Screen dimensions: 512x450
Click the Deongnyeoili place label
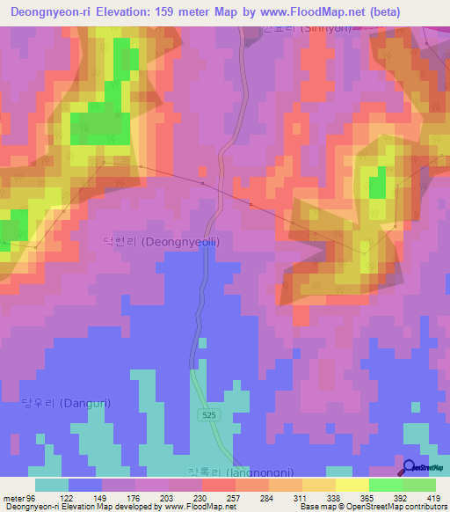(x=162, y=241)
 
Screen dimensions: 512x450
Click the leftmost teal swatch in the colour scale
(x=52, y=485)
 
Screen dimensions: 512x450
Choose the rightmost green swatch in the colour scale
(x=419, y=485)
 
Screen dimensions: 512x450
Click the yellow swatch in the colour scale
(x=352, y=485)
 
